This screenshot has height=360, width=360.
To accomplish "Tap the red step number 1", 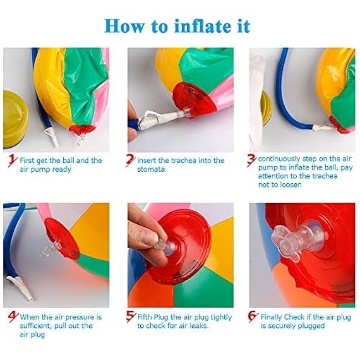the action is pyautogui.click(x=13, y=161).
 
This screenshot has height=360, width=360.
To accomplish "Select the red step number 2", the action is pyautogui.click(x=130, y=160).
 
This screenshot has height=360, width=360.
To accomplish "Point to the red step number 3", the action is pyautogui.click(x=251, y=160).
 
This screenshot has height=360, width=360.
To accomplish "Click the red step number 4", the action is pyautogui.click(x=13, y=317).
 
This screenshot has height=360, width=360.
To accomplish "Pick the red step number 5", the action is pyautogui.click(x=131, y=317).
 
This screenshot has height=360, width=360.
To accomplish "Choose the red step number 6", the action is pyautogui.click(x=253, y=317).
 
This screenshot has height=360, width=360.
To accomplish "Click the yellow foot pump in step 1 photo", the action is pyautogui.click(x=15, y=120).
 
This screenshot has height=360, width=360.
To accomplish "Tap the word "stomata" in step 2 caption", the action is pyautogui.click(x=151, y=169).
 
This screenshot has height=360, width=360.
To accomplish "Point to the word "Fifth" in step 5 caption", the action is pyautogui.click(x=145, y=317).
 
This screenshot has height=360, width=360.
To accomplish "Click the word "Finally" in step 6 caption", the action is pyautogui.click(x=271, y=317).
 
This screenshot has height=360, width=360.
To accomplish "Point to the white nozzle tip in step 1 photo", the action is pyautogui.click(x=52, y=137).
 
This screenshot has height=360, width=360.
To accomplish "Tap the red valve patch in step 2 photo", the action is pyautogui.click(x=194, y=99).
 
